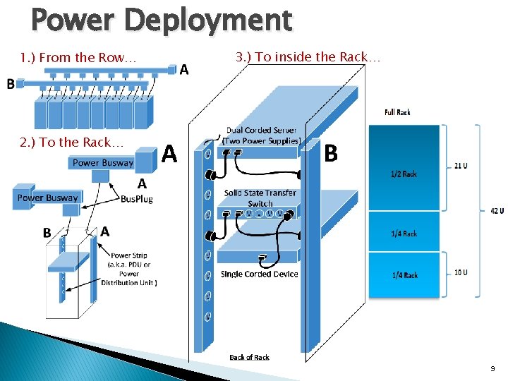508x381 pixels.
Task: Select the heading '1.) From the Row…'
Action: point(78,58)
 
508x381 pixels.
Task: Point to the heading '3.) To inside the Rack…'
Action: point(308,57)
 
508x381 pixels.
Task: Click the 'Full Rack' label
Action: point(397,112)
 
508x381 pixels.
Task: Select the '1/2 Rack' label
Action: point(404,174)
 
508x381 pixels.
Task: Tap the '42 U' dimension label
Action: point(497,211)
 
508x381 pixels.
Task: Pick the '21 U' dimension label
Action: point(460,166)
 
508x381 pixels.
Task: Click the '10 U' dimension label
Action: point(461,272)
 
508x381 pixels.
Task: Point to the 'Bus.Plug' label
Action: point(136,199)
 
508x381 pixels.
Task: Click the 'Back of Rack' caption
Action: point(249,358)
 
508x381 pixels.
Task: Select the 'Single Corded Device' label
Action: point(259,274)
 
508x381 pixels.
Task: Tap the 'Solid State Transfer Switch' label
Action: point(260,198)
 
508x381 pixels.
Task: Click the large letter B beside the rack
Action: point(330,153)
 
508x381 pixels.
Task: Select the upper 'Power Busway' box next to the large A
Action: point(103,163)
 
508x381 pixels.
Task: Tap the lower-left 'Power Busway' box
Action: point(47,198)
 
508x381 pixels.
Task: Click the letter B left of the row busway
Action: point(11,84)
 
